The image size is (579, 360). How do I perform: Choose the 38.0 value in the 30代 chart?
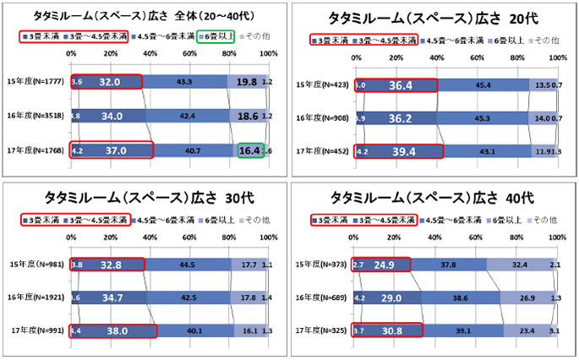[x=113, y=330]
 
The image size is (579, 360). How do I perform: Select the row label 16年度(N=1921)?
[x=36, y=297]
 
